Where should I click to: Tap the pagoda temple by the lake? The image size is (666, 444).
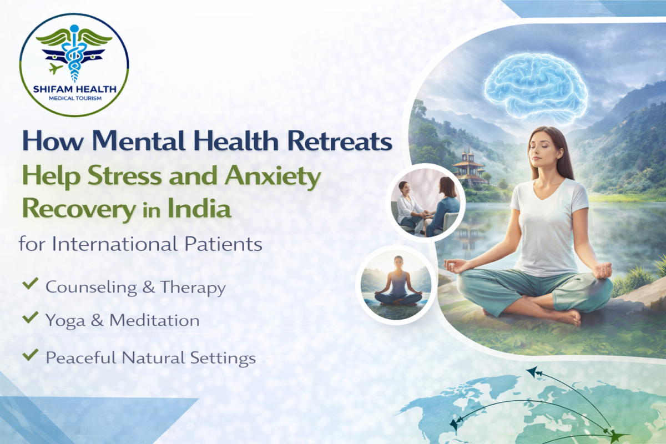469,166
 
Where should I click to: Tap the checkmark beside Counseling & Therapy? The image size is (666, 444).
29,286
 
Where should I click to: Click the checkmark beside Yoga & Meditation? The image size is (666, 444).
29,319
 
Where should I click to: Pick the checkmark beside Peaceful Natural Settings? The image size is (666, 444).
29,355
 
